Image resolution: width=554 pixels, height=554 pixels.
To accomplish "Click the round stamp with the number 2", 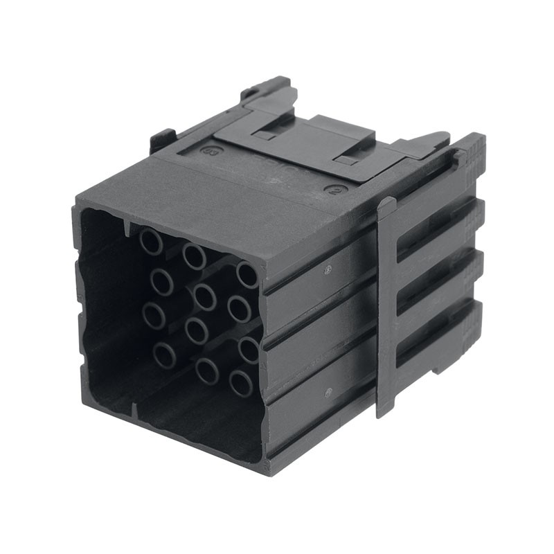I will pyautogui.click(x=337, y=189).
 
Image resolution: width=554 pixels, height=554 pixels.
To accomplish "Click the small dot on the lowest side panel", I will pyautogui.click(x=328, y=391).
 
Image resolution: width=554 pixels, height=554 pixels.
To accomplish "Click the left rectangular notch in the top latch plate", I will pyautogui.click(x=264, y=134).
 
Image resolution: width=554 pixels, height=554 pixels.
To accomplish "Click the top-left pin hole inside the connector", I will pyautogui.click(x=151, y=242).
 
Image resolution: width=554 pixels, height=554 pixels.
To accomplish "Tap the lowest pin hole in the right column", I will pyautogui.click(x=241, y=382).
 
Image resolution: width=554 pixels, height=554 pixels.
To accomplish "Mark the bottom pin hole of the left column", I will pyautogui.click(x=164, y=355).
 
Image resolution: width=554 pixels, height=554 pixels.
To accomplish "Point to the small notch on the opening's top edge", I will pyautogui.click(x=126, y=227).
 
